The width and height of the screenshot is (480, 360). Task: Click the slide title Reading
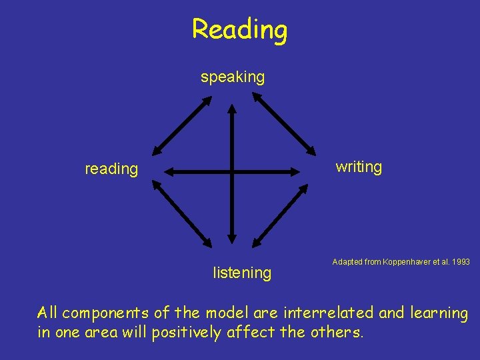(239, 29)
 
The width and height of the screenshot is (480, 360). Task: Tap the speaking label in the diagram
(233, 77)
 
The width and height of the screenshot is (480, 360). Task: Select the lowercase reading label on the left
(111, 169)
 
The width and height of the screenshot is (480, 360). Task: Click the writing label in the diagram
(359, 167)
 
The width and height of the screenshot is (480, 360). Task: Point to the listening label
(242, 273)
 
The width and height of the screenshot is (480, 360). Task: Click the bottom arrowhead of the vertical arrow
(231, 237)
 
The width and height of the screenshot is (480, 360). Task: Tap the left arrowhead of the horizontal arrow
(170, 172)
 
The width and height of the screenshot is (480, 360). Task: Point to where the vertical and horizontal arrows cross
(231, 172)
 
